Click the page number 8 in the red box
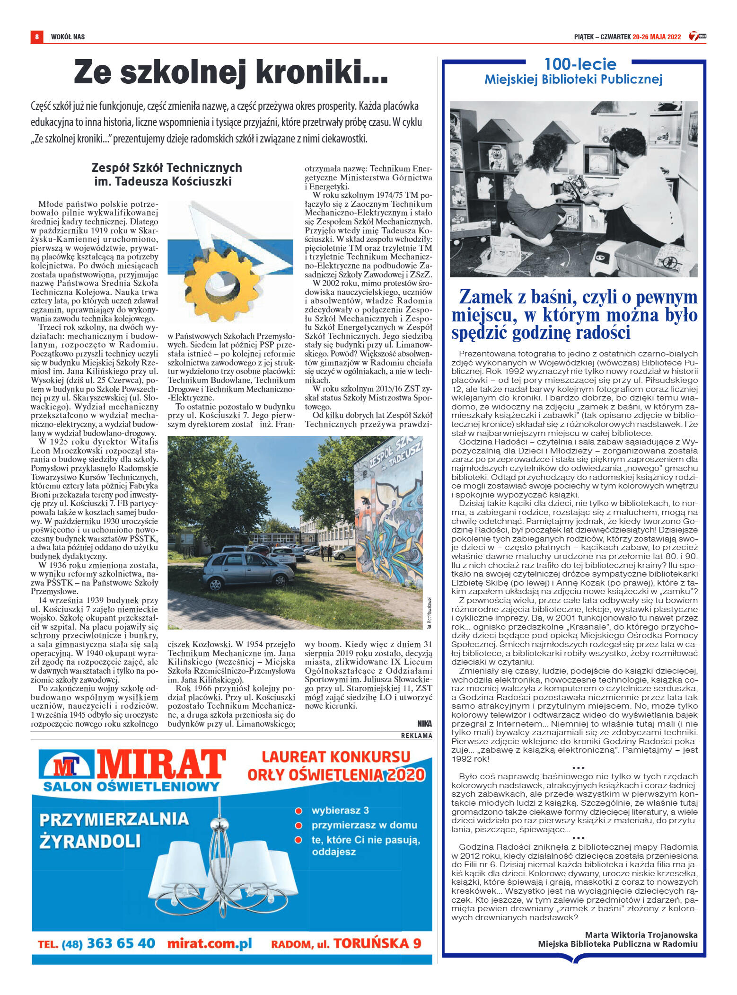(36, 36)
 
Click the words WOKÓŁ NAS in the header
(68, 37)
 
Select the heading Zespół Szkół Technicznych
(167, 168)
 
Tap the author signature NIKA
(424, 724)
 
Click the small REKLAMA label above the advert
(416, 736)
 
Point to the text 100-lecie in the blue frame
(580, 64)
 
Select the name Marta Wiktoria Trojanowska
(641, 935)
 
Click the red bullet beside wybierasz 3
(298, 811)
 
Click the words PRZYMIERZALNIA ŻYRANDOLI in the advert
(114, 830)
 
